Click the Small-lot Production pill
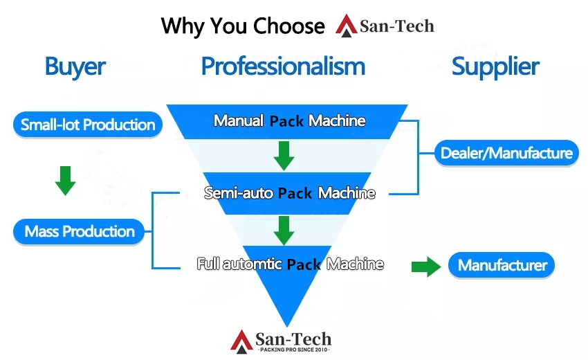(88, 125)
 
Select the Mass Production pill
(80, 231)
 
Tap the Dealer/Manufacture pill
(506, 153)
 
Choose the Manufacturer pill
(502, 265)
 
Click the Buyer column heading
(75, 66)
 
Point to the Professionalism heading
(283, 66)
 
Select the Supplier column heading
(495, 66)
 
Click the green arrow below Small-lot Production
(65, 179)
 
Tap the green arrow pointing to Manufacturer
(426, 267)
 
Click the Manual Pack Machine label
(289, 120)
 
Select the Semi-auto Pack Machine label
(289, 193)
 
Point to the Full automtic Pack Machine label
(290, 264)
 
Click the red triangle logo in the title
(347, 25)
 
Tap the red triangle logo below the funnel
(241, 340)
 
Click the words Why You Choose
(243, 26)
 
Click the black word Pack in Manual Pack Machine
(286, 120)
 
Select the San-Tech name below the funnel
(294, 339)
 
